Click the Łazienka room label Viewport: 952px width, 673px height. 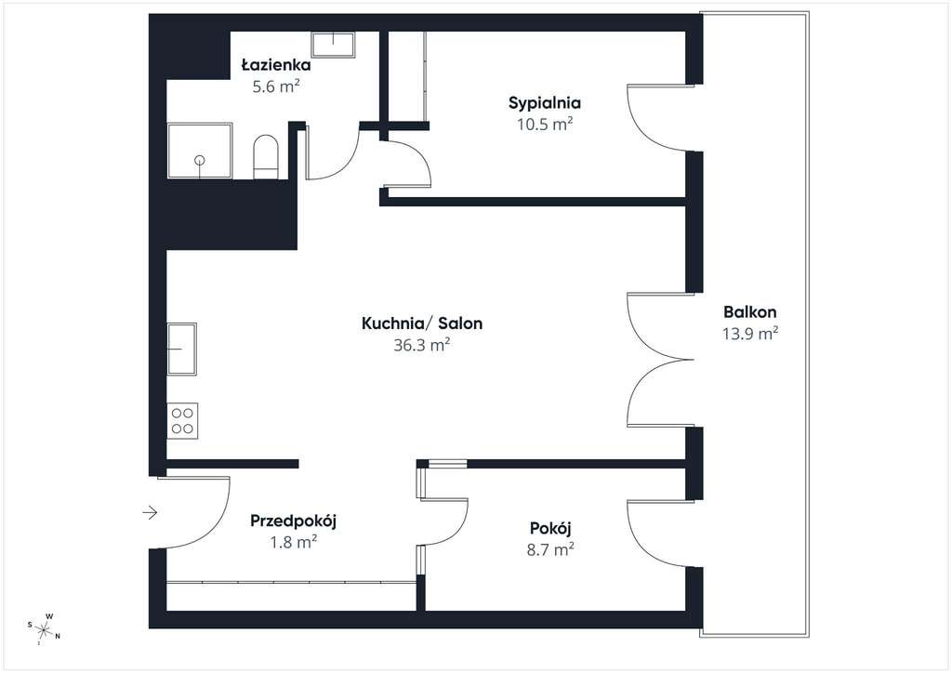[x=275, y=65]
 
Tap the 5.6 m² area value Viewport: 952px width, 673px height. [x=276, y=86]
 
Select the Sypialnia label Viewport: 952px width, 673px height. [x=545, y=103]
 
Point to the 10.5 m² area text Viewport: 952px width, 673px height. [x=545, y=125]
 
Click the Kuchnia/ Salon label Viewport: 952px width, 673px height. [x=422, y=323]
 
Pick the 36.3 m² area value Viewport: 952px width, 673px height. [x=422, y=345]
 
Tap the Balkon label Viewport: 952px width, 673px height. [x=750, y=312]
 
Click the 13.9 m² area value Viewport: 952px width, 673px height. [x=750, y=333]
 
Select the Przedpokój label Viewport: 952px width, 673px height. [x=293, y=521]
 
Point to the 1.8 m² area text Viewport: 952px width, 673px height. [x=294, y=542]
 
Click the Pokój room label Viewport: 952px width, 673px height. [x=550, y=529]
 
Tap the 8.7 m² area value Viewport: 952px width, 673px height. [x=550, y=549]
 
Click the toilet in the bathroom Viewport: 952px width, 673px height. [x=265, y=157]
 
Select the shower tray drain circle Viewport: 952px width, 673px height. [x=199, y=161]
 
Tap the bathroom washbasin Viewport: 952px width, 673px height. [x=334, y=45]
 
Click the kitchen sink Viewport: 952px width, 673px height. [x=181, y=349]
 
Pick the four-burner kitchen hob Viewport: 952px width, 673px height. [x=182, y=421]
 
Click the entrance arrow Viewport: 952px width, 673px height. [x=150, y=513]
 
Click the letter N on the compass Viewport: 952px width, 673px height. [x=58, y=637]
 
